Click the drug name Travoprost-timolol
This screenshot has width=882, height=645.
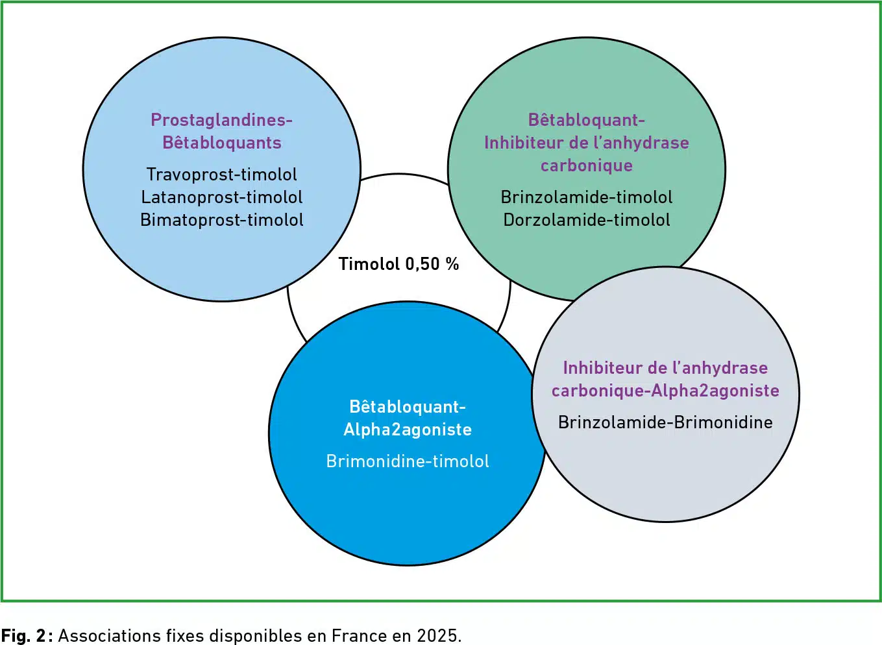(222, 175)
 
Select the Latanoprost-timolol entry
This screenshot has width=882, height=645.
(222, 197)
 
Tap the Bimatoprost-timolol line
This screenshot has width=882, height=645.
(222, 220)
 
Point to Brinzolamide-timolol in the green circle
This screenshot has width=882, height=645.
(586, 197)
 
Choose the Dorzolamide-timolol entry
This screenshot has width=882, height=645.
(586, 220)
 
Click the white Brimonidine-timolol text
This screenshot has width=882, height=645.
(408, 461)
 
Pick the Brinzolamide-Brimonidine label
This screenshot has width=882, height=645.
(665, 422)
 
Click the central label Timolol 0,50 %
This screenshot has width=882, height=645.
(398, 264)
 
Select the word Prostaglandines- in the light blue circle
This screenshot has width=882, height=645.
(222, 120)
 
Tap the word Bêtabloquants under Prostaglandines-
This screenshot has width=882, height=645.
(222, 143)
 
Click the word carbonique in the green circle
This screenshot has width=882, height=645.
(586, 165)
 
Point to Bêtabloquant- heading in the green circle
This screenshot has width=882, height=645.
(586, 120)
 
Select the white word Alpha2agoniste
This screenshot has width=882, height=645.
(408, 430)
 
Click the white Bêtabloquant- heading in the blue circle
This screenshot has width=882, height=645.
(408, 407)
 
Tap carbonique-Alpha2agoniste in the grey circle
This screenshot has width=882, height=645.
(665, 391)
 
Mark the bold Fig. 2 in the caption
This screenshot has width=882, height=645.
(23, 635)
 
